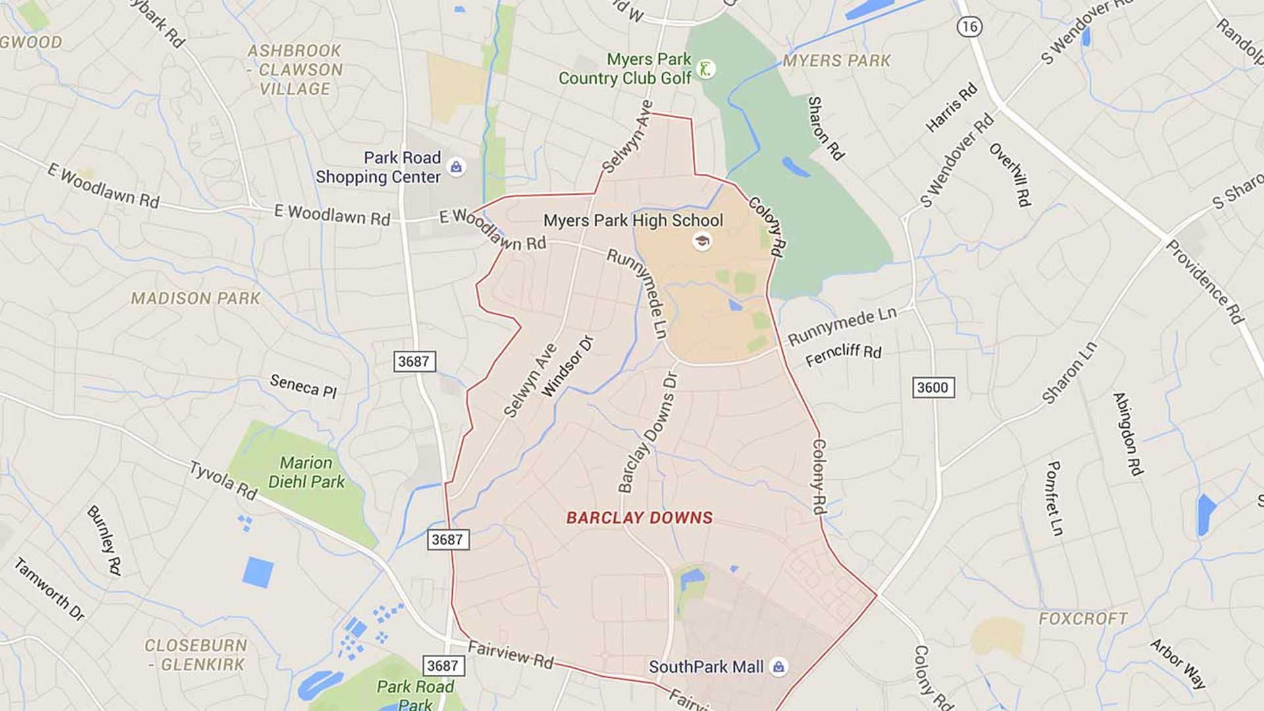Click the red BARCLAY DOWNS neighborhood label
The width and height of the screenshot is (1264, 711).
[639, 518]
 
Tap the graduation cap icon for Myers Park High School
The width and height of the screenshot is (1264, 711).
[702, 241]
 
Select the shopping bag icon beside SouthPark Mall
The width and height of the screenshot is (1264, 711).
[779, 667]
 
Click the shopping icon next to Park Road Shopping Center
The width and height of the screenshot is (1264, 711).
[456, 167]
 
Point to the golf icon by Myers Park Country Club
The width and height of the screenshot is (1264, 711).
[706, 68]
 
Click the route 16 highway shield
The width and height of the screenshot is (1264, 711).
[969, 26]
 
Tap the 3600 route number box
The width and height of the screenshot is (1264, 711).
[933, 387]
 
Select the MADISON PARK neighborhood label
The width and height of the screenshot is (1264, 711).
[196, 299]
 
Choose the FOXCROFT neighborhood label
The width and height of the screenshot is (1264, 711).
[1083, 619]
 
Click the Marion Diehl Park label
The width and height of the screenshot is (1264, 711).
[306, 472]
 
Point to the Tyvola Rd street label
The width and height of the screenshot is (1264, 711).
[223, 481]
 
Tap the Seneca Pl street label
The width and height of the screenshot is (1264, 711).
[303, 386]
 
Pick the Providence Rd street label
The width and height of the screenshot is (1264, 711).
[1205, 282]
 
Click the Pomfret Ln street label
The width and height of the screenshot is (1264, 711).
[1054, 498]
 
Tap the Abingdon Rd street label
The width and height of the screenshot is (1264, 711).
[1128, 433]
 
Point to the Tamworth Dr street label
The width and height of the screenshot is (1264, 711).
[49, 589]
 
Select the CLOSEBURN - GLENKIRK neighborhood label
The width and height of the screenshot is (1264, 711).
[196, 654]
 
